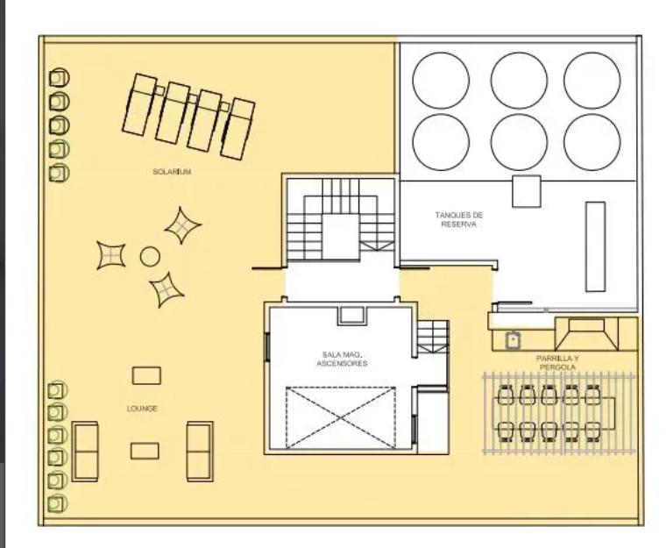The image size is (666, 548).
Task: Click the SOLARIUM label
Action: pyautogui.click(x=172, y=171)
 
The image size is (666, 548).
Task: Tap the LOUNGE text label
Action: pyautogui.click(x=142, y=409)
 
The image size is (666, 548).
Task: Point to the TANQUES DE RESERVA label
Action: pyautogui.click(x=459, y=219)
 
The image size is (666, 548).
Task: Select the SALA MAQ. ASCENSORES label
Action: pyautogui.click(x=342, y=359)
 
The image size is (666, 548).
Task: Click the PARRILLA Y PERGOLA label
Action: pyautogui.click(x=557, y=363)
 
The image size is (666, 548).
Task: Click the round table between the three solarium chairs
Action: pyautogui.click(x=150, y=257)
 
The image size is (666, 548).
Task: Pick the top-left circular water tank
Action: pyautogui.click(x=441, y=81)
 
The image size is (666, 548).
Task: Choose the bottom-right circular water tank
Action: pyautogui.click(x=592, y=142)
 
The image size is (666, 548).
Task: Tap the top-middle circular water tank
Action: pyautogui.click(x=519, y=81)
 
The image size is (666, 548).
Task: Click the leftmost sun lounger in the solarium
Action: pyautogui.click(x=139, y=104)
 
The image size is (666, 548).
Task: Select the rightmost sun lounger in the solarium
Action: pyautogui.click(x=237, y=129)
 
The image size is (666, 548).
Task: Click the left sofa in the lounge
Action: pyautogui.click(x=85, y=452)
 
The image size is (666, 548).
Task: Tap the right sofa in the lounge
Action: pyautogui.click(x=200, y=452)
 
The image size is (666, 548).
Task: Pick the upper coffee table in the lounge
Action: pyautogui.click(x=146, y=376)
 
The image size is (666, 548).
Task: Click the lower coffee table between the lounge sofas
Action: pyautogui.click(x=145, y=451)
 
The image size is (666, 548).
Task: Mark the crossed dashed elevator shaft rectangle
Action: pyautogui.click(x=341, y=417)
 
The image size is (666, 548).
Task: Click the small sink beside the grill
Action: pyautogui.click(x=513, y=340)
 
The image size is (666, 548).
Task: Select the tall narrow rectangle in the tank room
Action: pyautogui.click(x=595, y=246)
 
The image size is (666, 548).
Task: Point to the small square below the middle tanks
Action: pyautogui.click(x=527, y=192)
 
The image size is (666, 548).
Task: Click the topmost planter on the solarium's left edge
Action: pyautogui.click(x=59, y=78)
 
